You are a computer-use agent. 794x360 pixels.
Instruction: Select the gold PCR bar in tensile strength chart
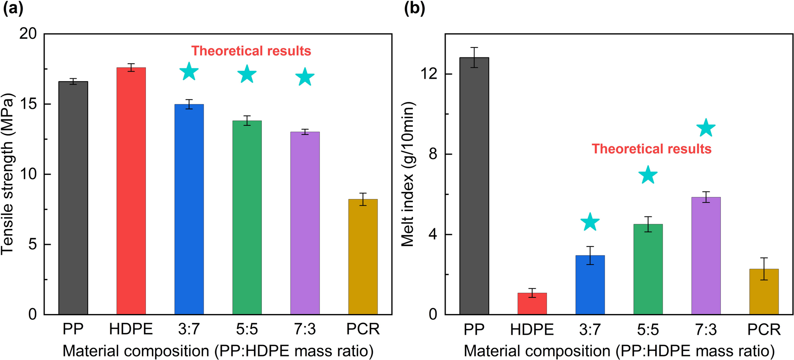(x=363, y=257)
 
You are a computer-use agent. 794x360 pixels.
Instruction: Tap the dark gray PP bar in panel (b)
(x=474, y=186)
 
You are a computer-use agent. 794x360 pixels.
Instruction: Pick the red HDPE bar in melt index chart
(x=532, y=303)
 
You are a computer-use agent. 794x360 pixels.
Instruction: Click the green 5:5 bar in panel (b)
(x=648, y=269)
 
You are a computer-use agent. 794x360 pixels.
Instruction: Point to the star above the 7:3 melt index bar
(x=706, y=128)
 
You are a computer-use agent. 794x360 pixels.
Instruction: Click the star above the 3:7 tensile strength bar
(x=189, y=72)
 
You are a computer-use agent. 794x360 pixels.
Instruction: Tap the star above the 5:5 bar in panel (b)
(x=648, y=175)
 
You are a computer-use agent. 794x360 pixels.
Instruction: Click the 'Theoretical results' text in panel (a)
(x=251, y=51)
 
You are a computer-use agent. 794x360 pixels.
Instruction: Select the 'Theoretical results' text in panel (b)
(x=651, y=149)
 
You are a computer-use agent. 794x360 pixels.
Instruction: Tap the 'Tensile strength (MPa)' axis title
(x=8, y=174)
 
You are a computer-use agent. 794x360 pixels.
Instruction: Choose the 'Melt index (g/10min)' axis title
(x=408, y=174)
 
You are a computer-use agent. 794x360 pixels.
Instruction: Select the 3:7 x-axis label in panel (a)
(x=189, y=329)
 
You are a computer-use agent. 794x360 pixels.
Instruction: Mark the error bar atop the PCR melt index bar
(x=764, y=269)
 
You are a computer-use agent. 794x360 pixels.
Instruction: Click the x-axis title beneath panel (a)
(x=218, y=351)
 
